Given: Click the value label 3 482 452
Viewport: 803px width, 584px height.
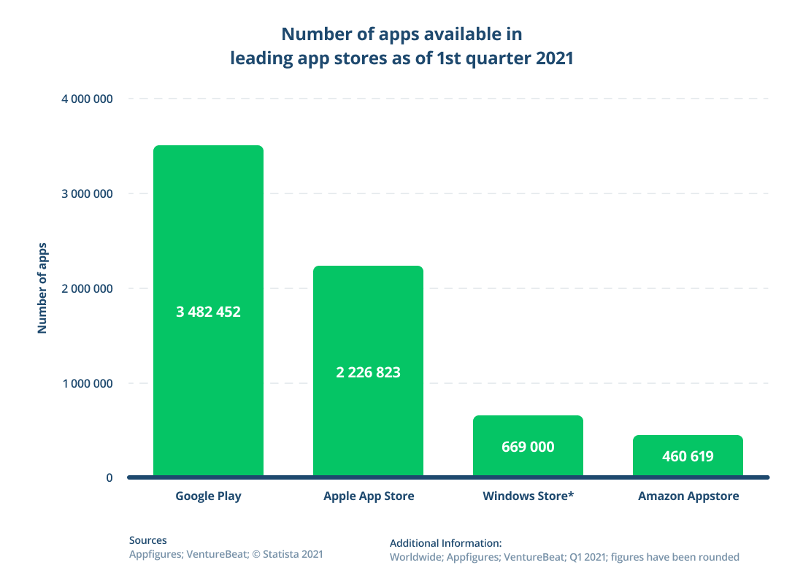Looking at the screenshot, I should click(x=208, y=312).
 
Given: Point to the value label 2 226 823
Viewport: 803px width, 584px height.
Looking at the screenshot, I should click(x=368, y=372).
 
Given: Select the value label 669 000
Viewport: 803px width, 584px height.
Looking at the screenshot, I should click(x=528, y=447).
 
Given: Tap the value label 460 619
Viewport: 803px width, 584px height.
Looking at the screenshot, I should click(x=688, y=457).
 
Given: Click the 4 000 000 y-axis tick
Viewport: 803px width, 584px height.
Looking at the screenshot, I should click(x=81, y=99).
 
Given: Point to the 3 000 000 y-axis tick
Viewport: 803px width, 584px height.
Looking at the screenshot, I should click(x=81, y=194).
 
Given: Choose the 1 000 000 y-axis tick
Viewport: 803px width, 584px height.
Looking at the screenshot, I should click(x=81, y=384).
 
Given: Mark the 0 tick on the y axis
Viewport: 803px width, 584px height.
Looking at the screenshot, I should click(x=109, y=478).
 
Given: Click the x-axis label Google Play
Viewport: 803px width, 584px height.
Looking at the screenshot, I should click(x=208, y=496).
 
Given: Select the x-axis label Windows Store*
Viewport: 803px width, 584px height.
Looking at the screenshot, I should click(x=528, y=496).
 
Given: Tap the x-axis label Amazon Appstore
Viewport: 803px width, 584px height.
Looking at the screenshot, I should click(x=688, y=496).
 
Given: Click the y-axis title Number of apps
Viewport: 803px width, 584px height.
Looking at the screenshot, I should click(x=42, y=288).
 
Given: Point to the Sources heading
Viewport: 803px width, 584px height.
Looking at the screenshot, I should click(x=147, y=541).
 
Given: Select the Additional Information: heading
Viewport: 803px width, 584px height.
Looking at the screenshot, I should click(x=445, y=544).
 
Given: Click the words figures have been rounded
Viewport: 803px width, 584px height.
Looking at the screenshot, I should click(x=675, y=557).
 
